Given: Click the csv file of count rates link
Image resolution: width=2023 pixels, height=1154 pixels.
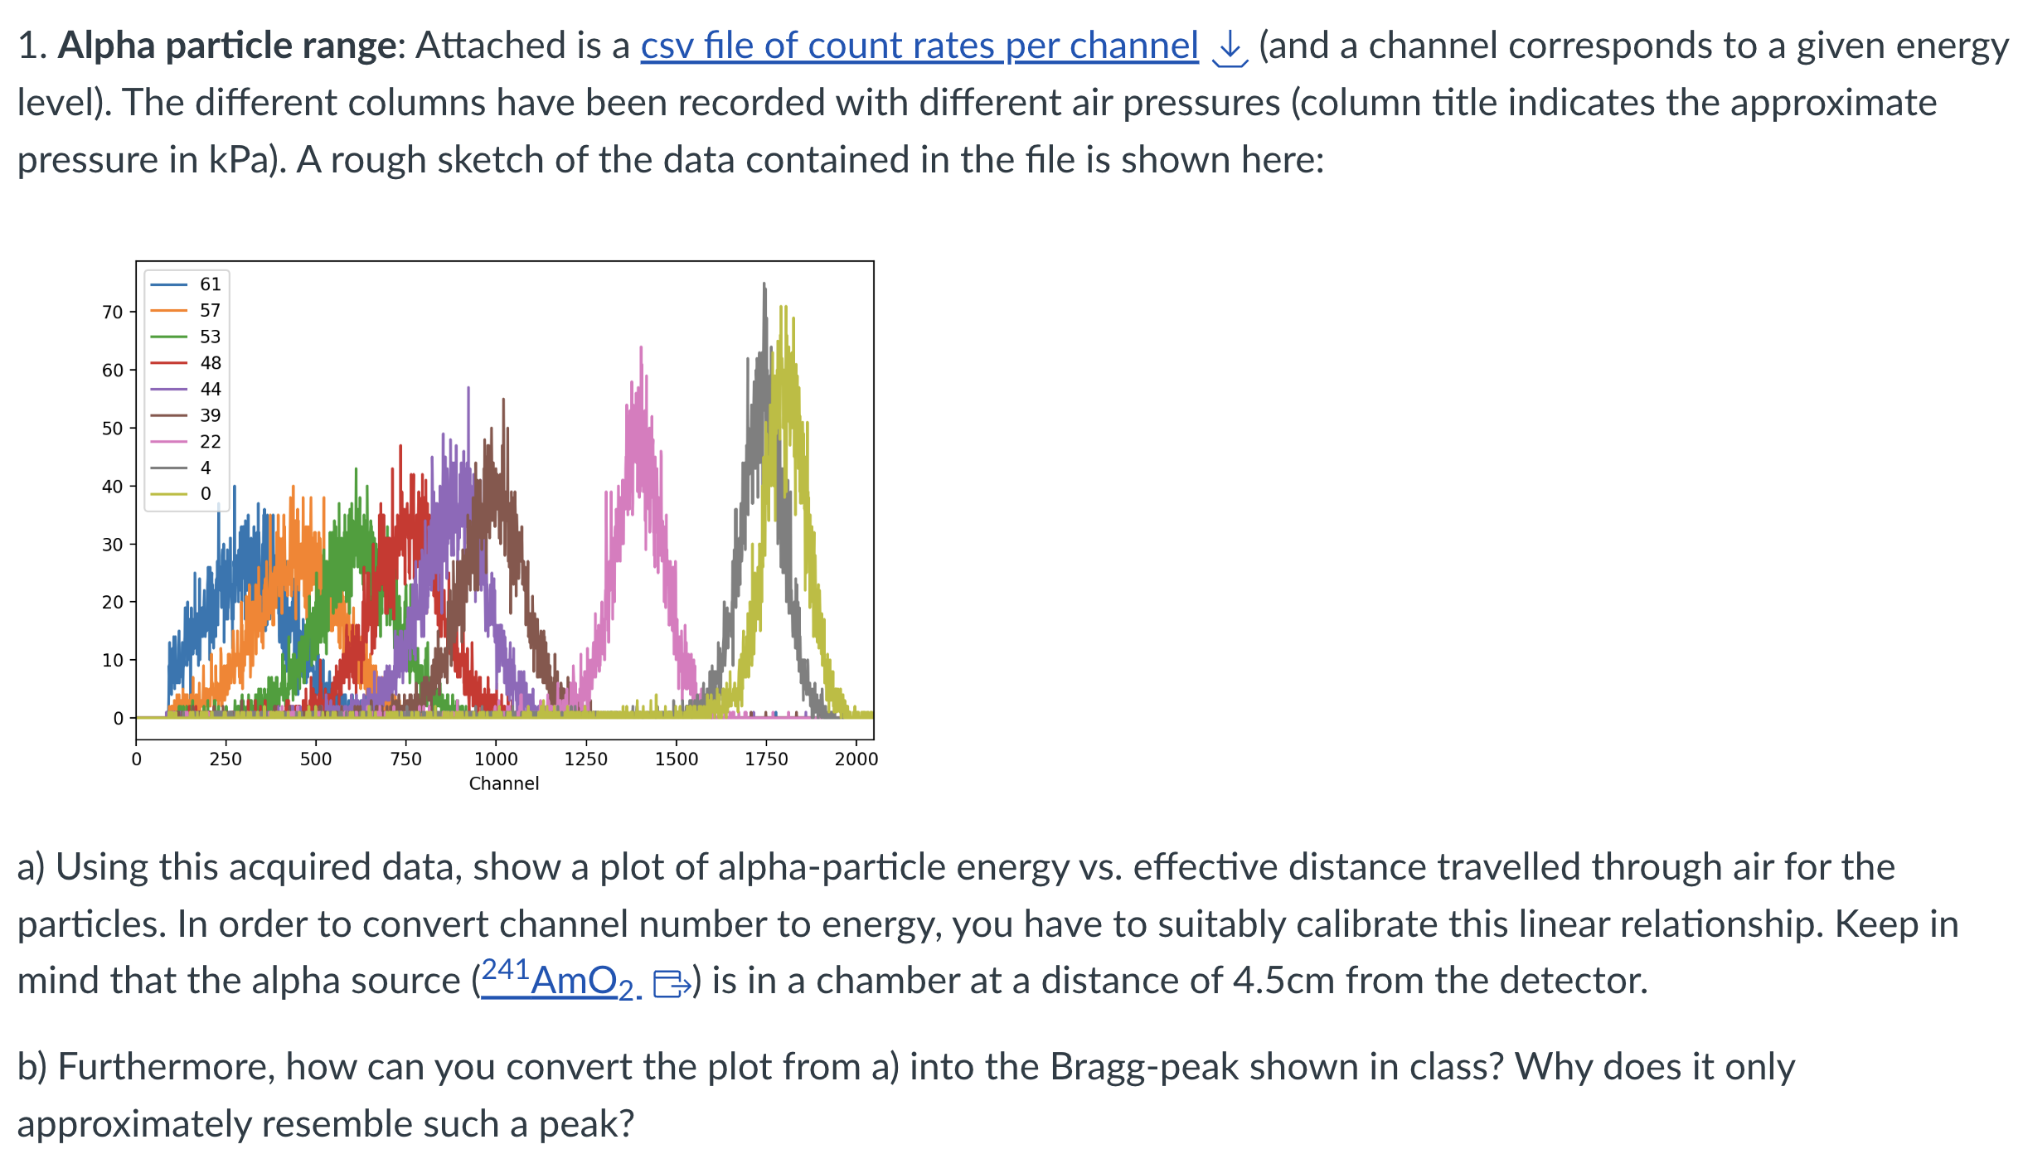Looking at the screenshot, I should coord(919,46).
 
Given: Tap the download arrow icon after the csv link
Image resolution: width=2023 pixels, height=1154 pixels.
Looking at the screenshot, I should coord(1230,48).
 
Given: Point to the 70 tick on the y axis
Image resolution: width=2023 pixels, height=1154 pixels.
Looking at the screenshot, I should coord(113,313).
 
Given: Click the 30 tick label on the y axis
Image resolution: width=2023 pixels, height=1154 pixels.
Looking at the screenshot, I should coord(113,545).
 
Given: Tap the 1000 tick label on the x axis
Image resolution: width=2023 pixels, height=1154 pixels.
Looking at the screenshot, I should coord(496,759).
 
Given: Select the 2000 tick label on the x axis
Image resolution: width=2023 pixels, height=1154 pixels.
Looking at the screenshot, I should coord(856,759).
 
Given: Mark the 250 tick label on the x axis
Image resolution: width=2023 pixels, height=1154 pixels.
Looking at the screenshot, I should coord(226,759).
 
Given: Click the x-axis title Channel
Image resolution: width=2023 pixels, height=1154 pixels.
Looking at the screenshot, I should coord(503,783).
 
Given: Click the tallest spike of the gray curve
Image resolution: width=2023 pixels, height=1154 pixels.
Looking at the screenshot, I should coord(764,284).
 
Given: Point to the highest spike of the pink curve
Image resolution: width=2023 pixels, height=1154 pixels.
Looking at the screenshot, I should coord(641,348).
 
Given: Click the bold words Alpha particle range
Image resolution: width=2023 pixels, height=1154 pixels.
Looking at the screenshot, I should coord(227,46).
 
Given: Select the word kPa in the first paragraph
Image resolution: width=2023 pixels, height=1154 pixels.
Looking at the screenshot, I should coord(239,160).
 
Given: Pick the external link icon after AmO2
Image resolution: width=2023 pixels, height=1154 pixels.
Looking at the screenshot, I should coord(671,984).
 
